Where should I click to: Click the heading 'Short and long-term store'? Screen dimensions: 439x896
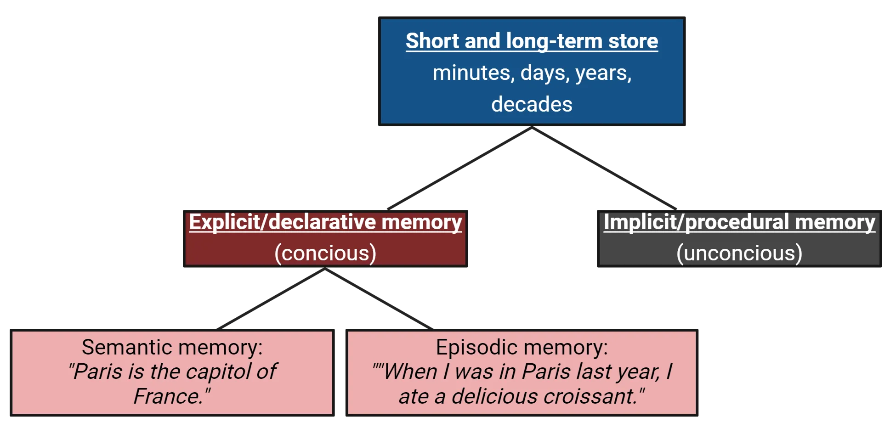[532, 41]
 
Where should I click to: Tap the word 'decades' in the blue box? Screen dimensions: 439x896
[532, 104]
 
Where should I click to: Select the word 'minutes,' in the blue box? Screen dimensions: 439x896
[473, 73]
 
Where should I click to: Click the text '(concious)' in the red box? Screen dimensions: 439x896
[325, 253]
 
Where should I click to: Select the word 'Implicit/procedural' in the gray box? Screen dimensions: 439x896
[695, 222]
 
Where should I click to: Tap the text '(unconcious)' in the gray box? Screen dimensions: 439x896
[739, 253]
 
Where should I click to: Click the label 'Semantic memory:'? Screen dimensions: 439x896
[172, 347]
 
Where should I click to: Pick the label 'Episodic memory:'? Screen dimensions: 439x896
[522, 347]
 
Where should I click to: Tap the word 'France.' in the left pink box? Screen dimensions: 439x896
[170, 396]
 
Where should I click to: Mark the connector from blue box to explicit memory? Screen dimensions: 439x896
[459, 169]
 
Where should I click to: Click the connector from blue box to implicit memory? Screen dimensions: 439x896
[606, 169]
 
